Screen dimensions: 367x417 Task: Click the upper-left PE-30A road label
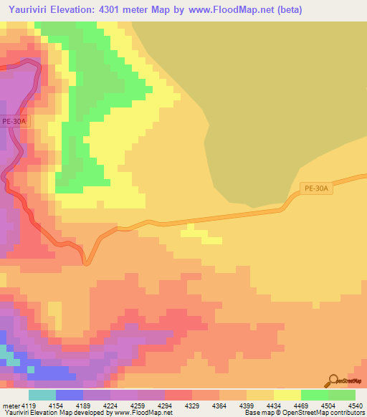pyautogui.click(x=14, y=121)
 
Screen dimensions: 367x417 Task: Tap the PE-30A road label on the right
pyautogui.click(x=316, y=188)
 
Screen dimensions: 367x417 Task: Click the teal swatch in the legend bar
pyautogui.click(x=42, y=395)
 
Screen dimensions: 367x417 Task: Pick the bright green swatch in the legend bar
pyautogui.click(x=314, y=395)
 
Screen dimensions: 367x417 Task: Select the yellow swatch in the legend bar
pyautogui.click(x=287, y=395)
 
